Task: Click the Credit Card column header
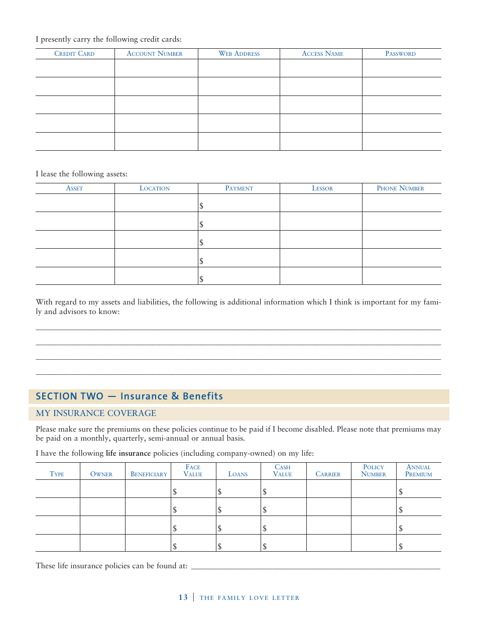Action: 74,54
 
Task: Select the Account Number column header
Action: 155,54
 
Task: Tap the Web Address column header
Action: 239,54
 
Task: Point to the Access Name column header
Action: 322,54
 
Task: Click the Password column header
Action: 400,54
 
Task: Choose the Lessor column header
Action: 322,188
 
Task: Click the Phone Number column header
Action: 400,188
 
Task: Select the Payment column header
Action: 239,188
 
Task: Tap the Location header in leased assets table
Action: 155,188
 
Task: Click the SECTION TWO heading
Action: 130,396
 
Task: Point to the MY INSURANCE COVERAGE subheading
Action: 96,414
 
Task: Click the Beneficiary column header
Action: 149,474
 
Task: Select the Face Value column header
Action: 193,471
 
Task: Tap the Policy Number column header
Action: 374,471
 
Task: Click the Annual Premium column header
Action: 418,471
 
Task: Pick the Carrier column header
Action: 328,474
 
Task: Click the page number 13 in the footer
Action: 183,597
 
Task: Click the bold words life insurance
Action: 128,454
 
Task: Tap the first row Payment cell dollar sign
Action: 201,206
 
